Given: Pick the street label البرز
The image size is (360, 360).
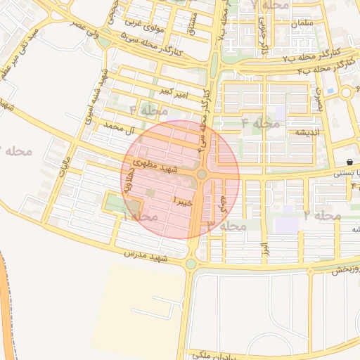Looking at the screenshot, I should point(264,250).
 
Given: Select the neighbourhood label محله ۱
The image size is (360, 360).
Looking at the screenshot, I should point(139,216).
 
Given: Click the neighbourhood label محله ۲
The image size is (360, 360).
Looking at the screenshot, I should point(323,214).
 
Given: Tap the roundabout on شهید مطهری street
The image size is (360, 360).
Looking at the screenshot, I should point(202,174).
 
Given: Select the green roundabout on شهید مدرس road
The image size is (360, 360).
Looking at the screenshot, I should point(191,264).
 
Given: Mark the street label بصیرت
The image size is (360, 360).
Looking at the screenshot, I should point(319,98).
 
